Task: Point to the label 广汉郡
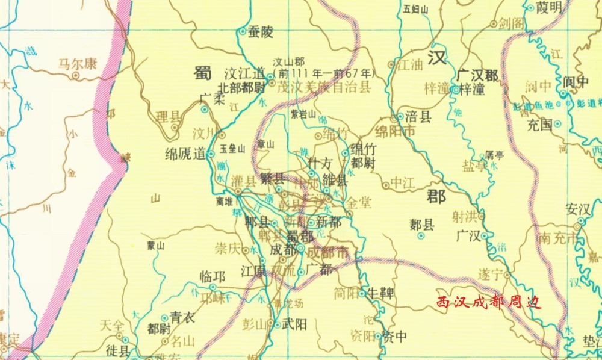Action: (477, 75)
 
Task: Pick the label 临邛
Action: (212, 277)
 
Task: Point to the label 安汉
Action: (579, 209)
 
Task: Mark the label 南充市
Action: (560, 237)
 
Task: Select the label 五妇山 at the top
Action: (415, 9)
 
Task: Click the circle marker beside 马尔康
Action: (76, 76)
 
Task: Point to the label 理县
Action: (168, 116)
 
